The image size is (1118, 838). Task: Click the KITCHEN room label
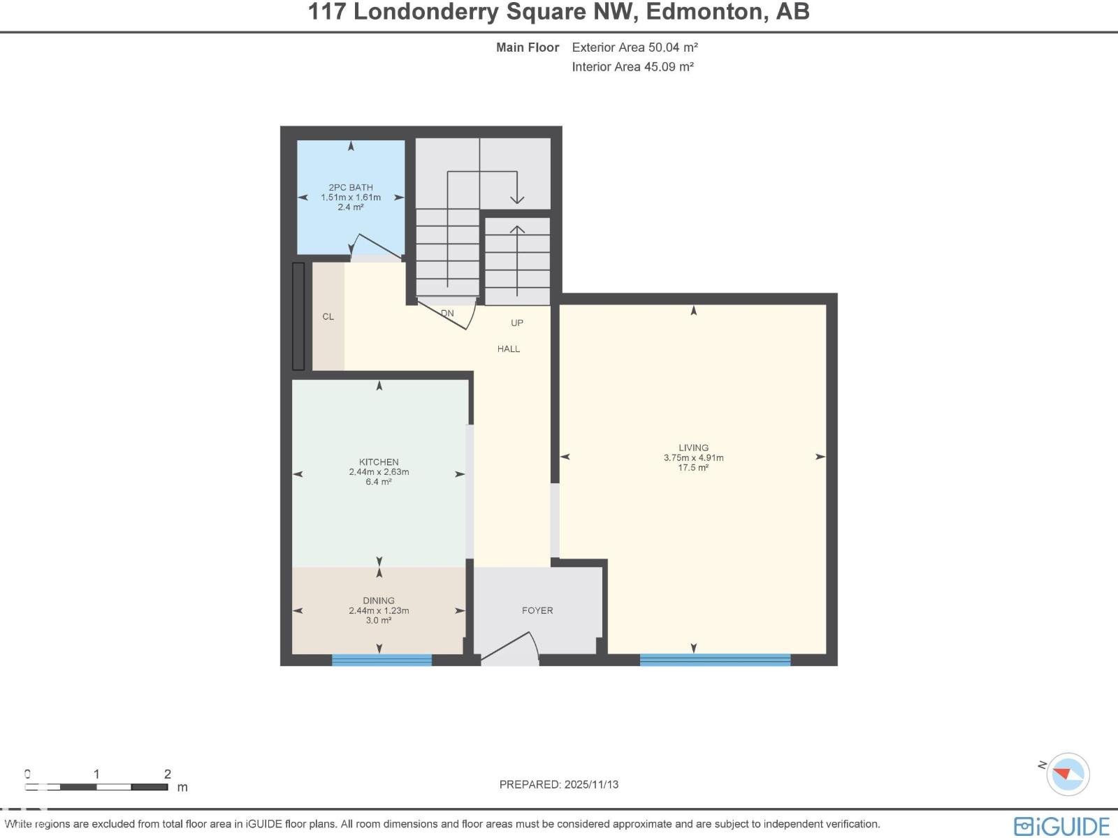(379, 462)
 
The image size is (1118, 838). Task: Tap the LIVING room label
(693, 448)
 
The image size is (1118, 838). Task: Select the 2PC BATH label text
(351, 187)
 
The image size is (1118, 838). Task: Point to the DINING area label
(379, 601)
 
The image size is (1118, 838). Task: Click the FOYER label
(537, 610)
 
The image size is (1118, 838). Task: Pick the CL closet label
(328, 317)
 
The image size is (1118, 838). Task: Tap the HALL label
(509, 349)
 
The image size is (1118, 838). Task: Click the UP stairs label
(517, 323)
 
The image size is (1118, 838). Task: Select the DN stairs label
(447, 314)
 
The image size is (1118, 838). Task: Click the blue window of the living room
(715, 660)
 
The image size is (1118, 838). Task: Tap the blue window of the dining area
(382, 660)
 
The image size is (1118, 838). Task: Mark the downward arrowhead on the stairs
(516, 199)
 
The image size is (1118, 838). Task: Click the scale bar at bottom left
(96, 787)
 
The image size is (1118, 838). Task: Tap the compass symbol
(1068, 774)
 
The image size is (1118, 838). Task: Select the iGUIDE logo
(1061, 826)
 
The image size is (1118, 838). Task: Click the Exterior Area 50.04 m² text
(634, 47)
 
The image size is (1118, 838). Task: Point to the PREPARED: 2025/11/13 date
(559, 784)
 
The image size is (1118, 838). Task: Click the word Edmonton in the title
(706, 12)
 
